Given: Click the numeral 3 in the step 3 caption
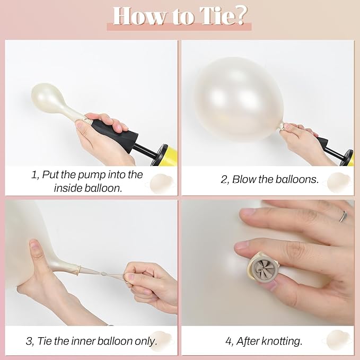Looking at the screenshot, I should coord(29,341).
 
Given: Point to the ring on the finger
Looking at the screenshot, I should coord(343,216).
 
